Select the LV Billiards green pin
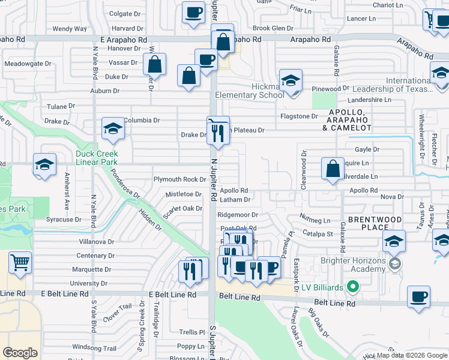tap(353, 287)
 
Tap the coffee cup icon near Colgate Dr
tap(194, 13)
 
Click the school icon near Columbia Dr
tap(112, 128)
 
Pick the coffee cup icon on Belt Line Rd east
tap(418, 296)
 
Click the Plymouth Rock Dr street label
tap(180, 179)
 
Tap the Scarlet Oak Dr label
tap(184, 208)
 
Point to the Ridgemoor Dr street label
tap(238, 214)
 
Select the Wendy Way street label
tap(70, 29)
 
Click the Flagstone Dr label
tap(299, 116)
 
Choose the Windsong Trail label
tap(94, 347)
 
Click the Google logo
tap(20, 352)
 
